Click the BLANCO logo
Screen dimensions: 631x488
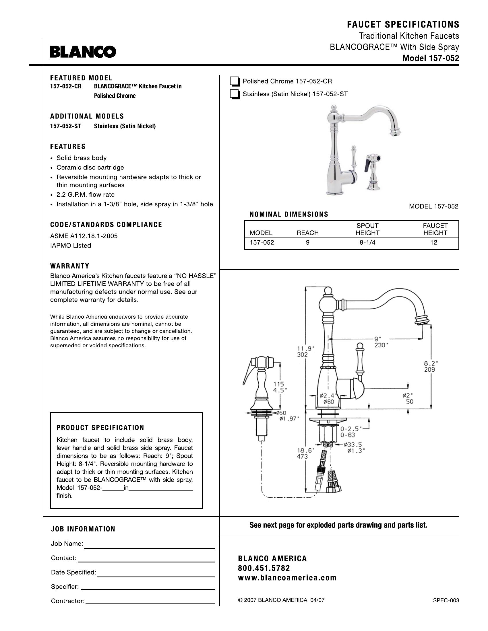coord(83,52)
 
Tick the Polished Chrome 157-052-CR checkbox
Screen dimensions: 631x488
coord(235,82)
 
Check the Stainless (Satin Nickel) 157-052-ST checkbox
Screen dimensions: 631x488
coord(235,94)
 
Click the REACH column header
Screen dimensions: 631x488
coord(308,233)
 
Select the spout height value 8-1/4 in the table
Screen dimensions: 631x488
coord(367,243)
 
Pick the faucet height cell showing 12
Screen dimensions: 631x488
coord(434,243)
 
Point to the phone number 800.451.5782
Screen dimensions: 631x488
coord(264,568)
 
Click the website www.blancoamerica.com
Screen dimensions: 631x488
coord(287,578)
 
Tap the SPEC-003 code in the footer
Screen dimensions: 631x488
coord(446,600)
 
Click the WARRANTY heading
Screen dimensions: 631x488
coord(70,266)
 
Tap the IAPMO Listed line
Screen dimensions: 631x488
coord(71,246)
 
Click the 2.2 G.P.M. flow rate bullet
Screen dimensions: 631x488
coord(86,195)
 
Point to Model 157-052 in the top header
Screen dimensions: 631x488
coord(431,58)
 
